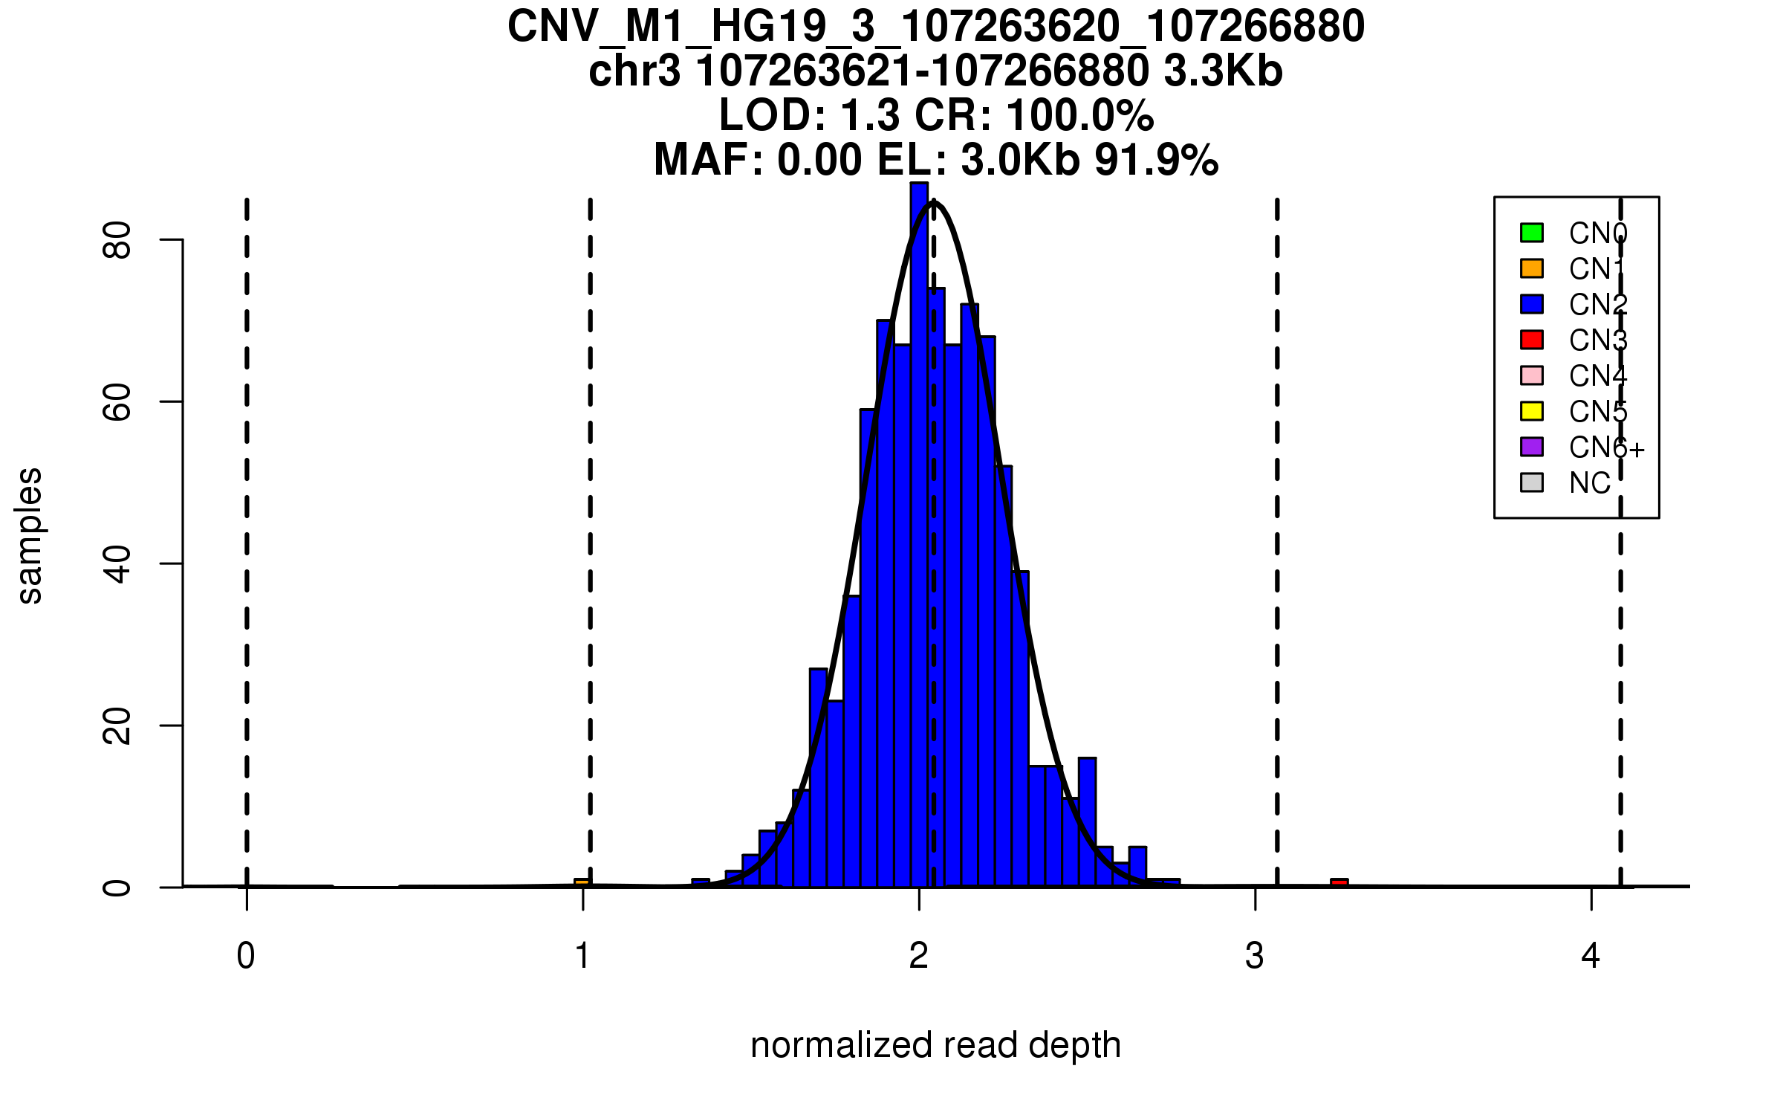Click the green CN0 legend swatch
coord(1532,233)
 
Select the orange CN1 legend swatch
coord(1532,268)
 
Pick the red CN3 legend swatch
coord(1532,340)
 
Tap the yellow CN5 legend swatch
coord(1532,411)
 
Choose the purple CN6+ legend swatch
coord(1532,447)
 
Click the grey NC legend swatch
coord(1532,482)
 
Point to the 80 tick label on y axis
coord(117,239)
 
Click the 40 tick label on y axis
coord(117,563)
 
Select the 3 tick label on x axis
coord(1255,956)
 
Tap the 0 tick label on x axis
coord(246,956)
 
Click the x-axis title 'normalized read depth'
coord(935,1045)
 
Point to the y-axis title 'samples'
coord(30,535)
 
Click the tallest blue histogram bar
coord(919,535)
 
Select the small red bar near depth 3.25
coord(1339,883)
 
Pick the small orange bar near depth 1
coord(582,883)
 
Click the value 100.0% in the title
coord(1080,116)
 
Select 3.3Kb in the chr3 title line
coord(1223,71)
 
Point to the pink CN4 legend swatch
coord(1532,375)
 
